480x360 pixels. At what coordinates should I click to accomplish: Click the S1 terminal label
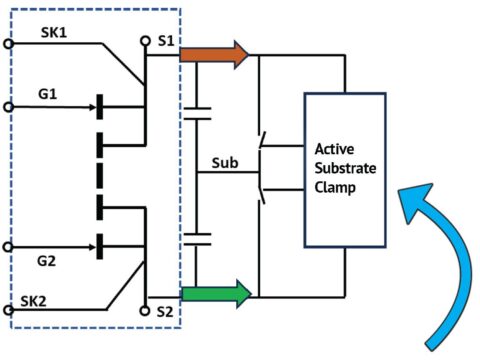(x=165, y=42)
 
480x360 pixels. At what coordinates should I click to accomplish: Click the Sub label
(x=225, y=162)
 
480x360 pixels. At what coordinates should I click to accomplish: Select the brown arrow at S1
(x=213, y=55)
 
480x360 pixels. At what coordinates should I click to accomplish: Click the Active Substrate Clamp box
(x=344, y=170)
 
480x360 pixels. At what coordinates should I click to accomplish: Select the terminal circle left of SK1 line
(x=9, y=44)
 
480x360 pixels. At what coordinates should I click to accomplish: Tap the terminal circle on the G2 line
(x=9, y=246)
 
